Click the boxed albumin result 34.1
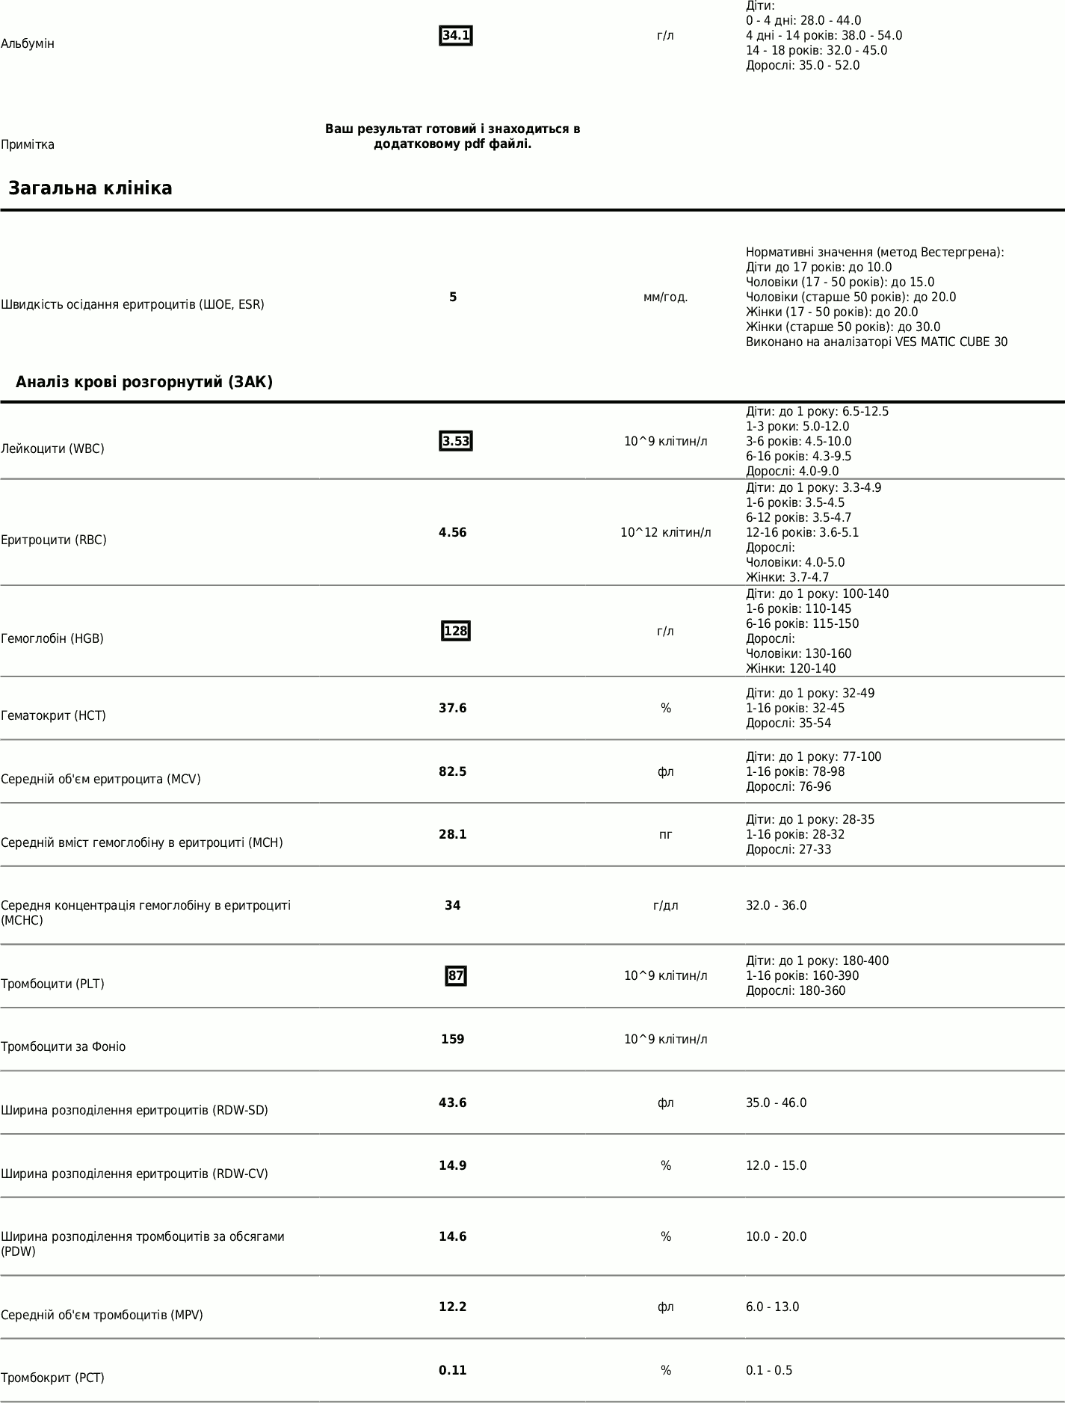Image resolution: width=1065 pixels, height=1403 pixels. (455, 36)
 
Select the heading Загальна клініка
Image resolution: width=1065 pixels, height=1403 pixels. (90, 188)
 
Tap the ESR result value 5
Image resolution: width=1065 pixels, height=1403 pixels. (453, 297)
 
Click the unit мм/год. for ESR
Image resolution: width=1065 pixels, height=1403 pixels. (665, 297)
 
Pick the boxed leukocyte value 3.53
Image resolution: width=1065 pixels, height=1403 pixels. (455, 442)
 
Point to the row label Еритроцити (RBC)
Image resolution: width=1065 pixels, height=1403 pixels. (54, 540)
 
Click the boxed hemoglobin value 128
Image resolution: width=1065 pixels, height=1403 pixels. (455, 632)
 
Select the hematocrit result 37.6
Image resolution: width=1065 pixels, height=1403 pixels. (453, 709)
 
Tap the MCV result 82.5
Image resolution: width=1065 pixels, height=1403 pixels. (453, 772)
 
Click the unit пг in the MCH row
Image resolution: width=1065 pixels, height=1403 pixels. (665, 835)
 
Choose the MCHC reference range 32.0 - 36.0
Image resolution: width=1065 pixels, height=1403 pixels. (776, 906)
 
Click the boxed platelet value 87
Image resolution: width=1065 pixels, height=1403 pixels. (455, 976)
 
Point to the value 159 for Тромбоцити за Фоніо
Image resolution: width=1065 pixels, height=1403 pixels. (453, 1040)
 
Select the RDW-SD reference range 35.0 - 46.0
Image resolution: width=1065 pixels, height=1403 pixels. (776, 1103)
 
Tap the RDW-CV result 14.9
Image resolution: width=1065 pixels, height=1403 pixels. (453, 1166)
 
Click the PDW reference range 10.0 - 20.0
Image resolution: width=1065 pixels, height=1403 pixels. (776, 1237)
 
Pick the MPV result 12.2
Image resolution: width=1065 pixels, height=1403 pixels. (453, 1307)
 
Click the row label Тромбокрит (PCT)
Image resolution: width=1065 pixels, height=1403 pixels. (52, 1378)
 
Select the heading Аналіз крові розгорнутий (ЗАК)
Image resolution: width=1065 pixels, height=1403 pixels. (144, 383)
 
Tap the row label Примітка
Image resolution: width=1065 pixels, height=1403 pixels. (28, 145)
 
